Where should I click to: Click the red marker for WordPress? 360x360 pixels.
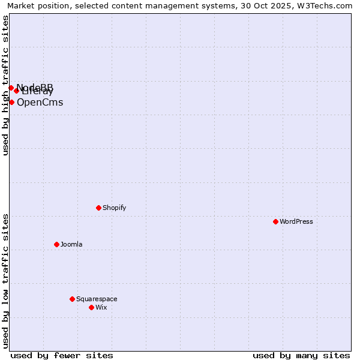(275, 221)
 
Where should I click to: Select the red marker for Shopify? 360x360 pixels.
(98, 208)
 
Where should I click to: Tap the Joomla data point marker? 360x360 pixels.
(56, 244)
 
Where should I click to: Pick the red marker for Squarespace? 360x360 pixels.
(72, 299)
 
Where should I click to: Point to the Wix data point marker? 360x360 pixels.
(91, 307)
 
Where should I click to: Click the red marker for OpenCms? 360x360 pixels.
(11, 102)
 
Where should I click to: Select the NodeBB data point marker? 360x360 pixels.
(11, 88)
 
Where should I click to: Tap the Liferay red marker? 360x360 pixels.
(16, 91)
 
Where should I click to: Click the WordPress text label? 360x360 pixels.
(296, 221)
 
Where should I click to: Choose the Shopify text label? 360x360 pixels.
(115, 208)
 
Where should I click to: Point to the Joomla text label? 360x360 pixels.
(71, 244)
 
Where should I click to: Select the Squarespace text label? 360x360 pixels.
(97, 299)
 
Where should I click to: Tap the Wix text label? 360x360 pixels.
(101, 307)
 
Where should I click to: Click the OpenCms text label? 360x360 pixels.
(40, 102)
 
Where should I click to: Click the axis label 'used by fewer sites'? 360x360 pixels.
(62, 355)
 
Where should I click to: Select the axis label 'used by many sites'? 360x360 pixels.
(301, 355)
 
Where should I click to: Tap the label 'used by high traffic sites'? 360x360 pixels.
(5, 85)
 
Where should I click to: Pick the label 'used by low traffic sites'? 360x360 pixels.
(5, 281)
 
